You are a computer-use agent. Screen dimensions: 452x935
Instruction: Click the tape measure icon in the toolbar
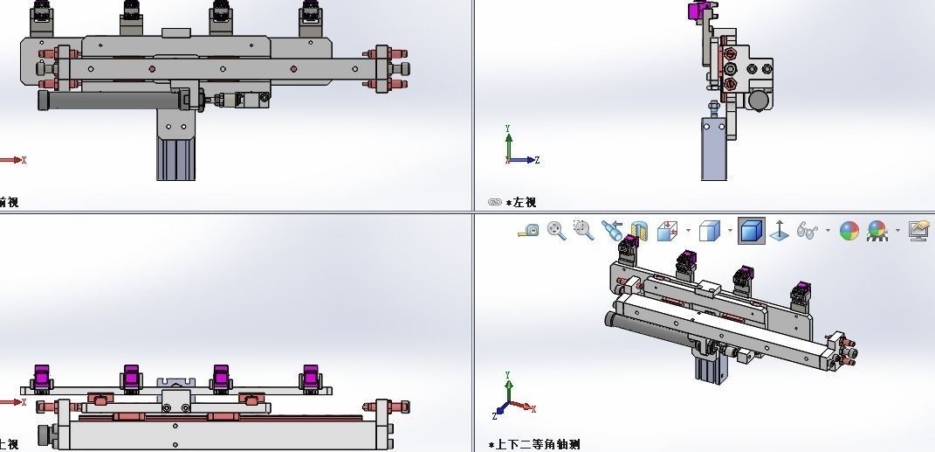(x=528, y=231)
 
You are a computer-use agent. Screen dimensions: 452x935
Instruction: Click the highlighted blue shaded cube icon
(x=752, y=231)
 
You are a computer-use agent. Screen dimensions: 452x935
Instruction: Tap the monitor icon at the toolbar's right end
(x=918, y=231)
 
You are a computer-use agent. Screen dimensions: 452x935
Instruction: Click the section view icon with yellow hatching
(x=639, y=231)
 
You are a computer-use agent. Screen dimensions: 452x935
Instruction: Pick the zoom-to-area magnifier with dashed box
(x=582, y=230)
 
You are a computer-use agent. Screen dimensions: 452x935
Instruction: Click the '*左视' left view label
(x=521, y=203)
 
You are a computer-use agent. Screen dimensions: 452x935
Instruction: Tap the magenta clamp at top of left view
(x=698, y=11)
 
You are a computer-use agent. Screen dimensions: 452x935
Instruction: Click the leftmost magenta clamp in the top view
(x=41, y=378)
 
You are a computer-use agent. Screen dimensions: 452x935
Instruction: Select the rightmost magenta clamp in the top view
(x=311, y=378)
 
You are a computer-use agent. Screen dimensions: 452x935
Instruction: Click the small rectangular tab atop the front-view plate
(x=175, y=32)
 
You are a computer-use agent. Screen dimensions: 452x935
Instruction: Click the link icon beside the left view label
(x=495, y=203)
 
